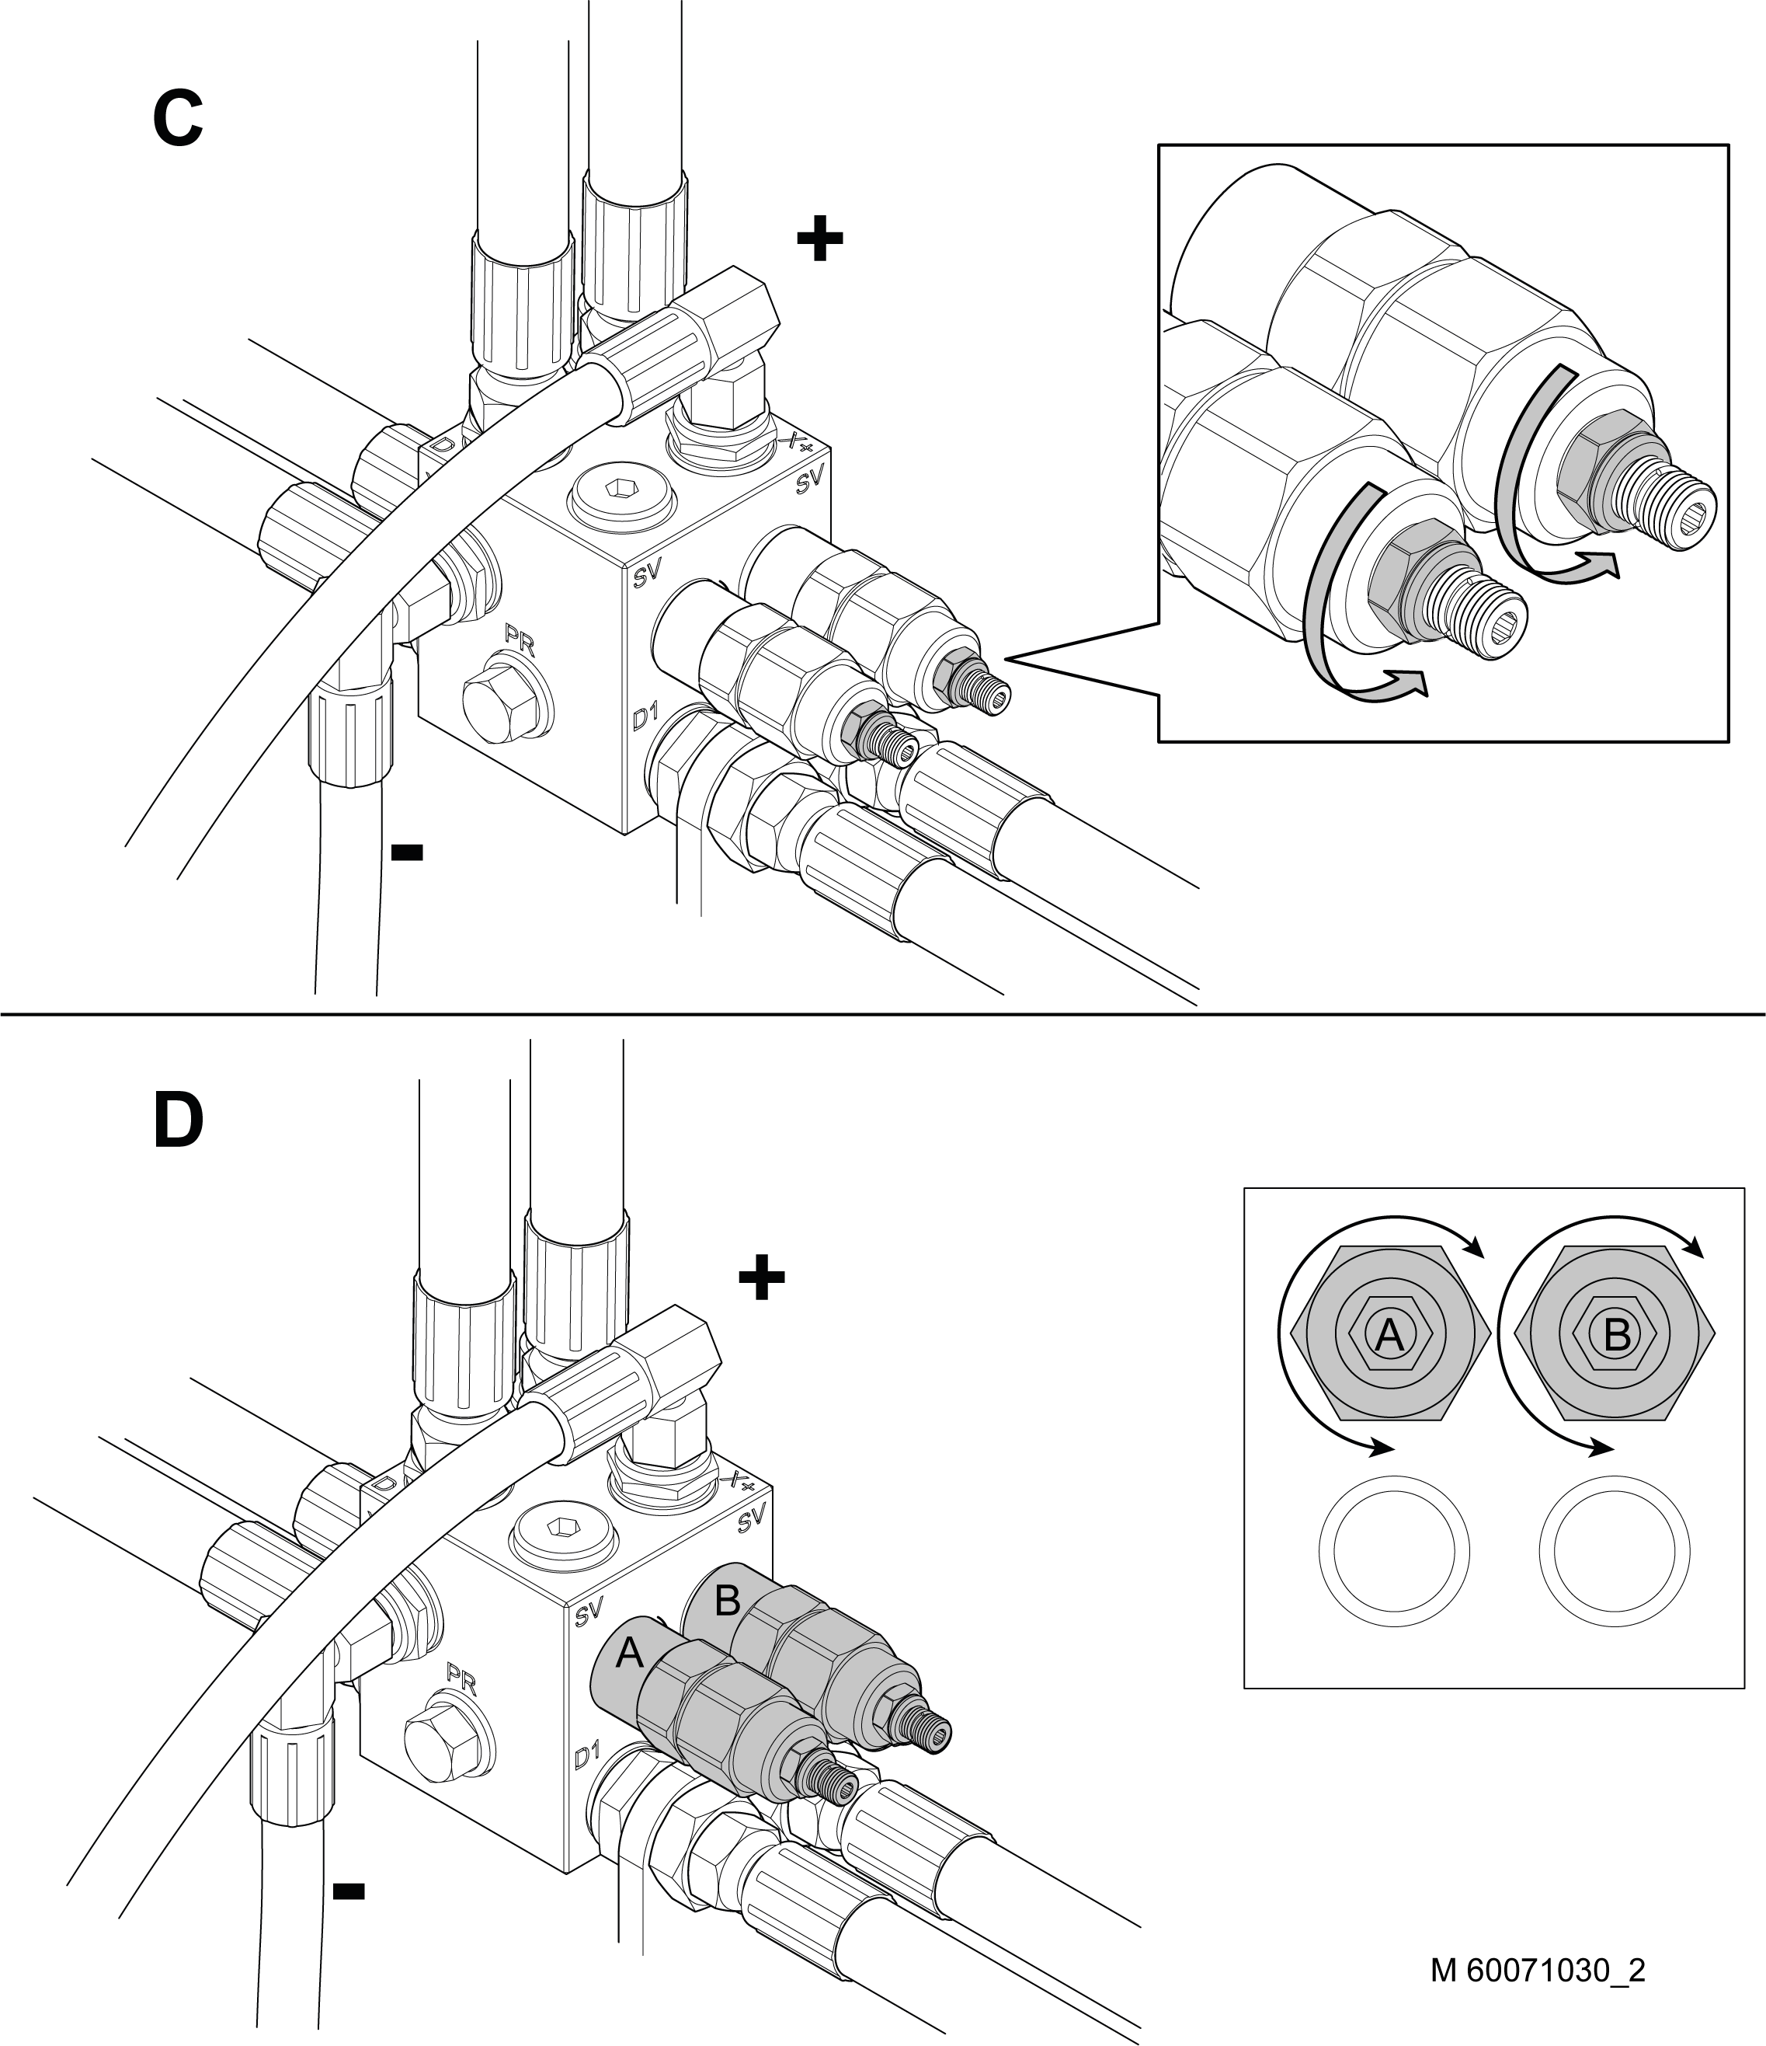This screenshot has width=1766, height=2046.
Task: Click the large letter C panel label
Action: tap(178, 118)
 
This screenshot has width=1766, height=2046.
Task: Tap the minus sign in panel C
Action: tap(407, 851)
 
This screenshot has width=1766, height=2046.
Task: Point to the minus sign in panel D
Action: tap(349, 1891)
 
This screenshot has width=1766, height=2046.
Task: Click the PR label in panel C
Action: tap(520, 643)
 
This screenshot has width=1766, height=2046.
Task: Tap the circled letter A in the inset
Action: tap(1389, 1335)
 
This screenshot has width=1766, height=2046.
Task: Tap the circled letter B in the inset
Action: tap(1617, 1335)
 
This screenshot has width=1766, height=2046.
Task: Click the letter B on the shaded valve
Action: tap(727, 1601)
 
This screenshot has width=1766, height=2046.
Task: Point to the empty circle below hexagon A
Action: tap(1394, 1549)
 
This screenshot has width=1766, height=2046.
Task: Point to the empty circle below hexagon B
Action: tap(1614, 1549)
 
